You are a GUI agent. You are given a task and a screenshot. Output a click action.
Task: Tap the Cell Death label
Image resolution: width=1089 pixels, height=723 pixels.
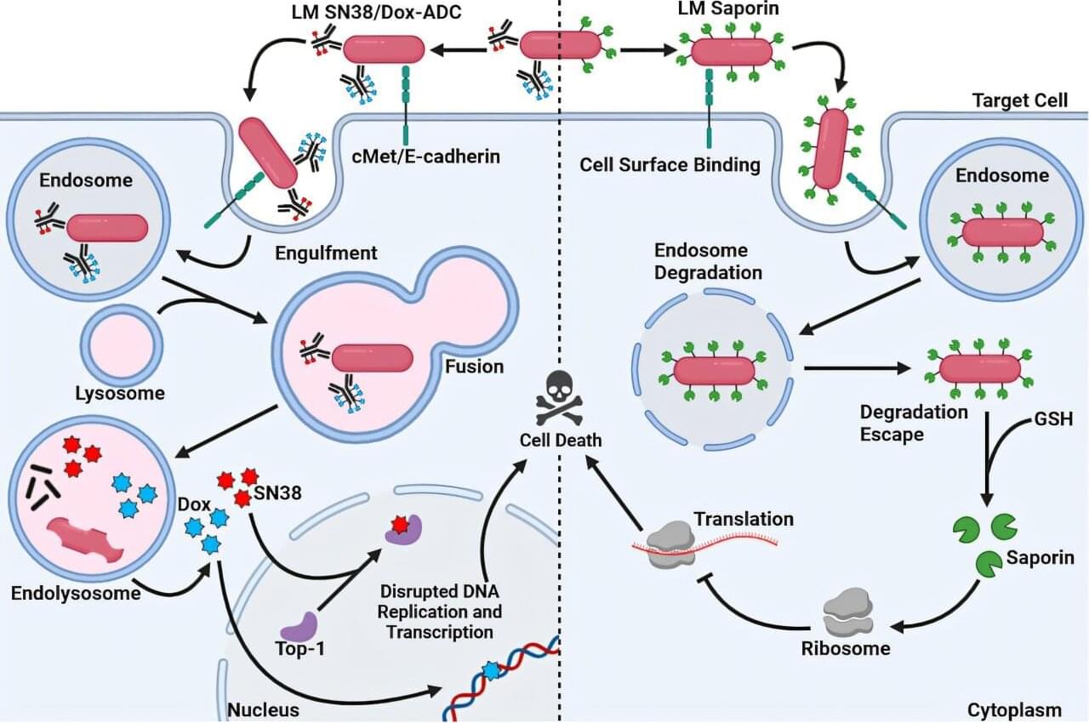click(561, 440)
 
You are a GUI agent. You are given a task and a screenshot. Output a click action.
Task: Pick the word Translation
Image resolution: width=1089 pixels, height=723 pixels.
click(743, 518)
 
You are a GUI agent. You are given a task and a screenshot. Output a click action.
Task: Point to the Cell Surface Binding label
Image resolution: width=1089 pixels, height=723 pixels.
click(670, 164)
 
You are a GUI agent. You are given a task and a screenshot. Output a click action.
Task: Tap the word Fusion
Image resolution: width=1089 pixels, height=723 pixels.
click(475, 367)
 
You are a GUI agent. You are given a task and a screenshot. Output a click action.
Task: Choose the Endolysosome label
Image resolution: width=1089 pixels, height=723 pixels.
click(76, 593)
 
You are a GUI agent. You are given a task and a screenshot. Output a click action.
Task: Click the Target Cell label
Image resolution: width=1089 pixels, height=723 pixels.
click(1019, 100)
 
